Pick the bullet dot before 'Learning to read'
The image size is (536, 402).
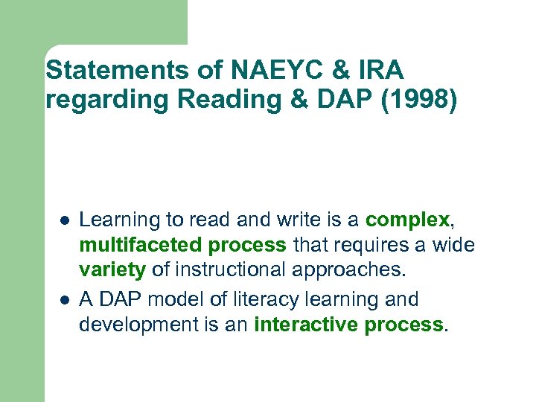point(65,220)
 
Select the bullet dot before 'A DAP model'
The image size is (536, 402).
point(65,300)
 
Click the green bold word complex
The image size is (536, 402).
point(407,220)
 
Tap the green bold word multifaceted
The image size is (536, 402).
point(141,245)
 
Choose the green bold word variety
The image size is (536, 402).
point(112,269)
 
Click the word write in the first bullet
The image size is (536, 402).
point(301,220)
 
